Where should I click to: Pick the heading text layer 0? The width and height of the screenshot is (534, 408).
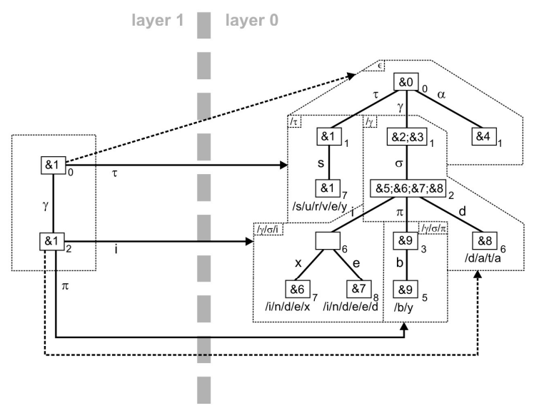[252, 21]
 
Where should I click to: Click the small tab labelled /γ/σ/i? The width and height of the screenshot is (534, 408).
[268, 228]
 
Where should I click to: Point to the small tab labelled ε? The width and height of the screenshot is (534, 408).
[381, 66]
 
